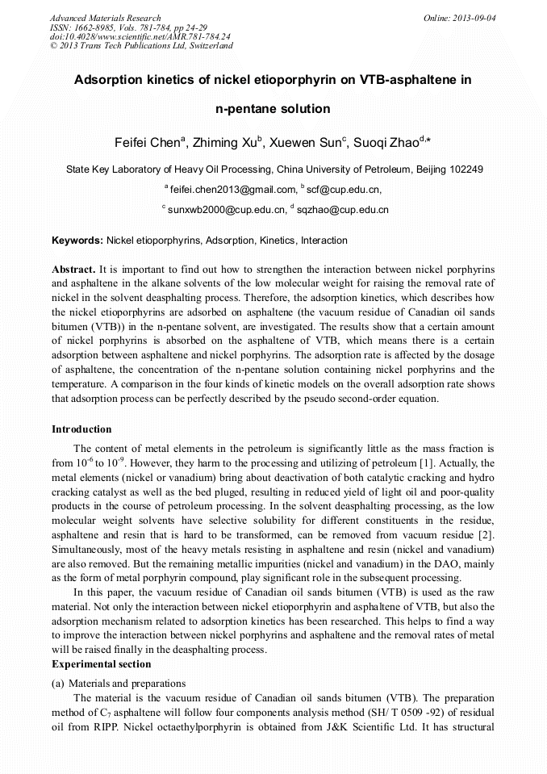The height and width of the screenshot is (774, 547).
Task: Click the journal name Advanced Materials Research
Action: coord(106,18)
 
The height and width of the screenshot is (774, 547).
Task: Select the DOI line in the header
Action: coord(140,36)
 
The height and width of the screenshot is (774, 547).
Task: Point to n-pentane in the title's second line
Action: coord(247,109)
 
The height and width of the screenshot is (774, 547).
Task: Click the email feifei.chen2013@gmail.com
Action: coord(234,190)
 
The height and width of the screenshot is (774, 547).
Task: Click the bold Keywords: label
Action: coord(77,241)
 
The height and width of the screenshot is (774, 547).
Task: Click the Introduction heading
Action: coord(81,429)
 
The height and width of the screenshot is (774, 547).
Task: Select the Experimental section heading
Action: coord(101,664)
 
